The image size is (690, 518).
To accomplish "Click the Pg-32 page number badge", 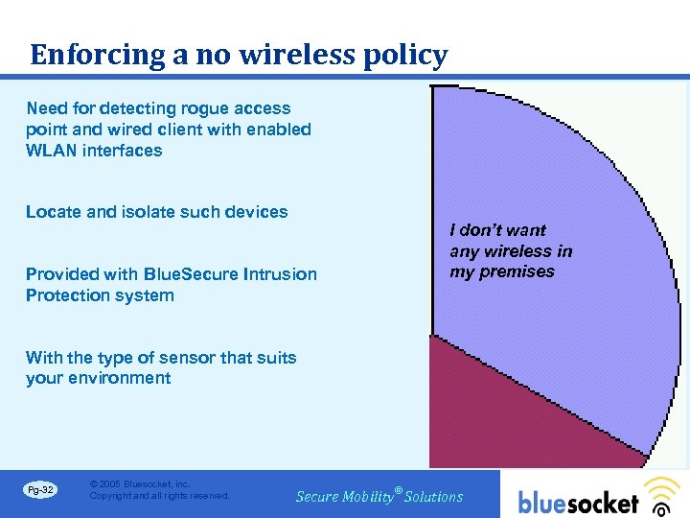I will [x=40, y=491].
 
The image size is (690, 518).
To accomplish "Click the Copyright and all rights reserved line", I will [x=159, y=496].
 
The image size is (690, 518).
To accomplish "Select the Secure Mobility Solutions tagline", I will [x=379, y=496].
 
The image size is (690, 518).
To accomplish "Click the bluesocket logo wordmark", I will [x=578, y=502].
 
